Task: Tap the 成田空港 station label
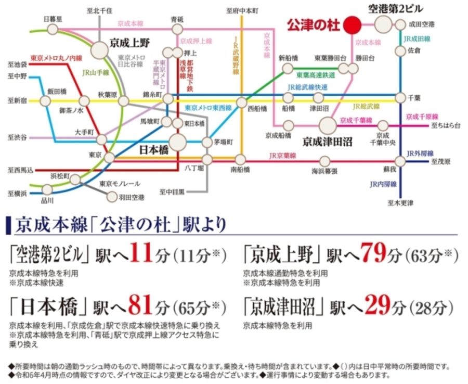coord(422,24)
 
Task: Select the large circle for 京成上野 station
coord(100,50)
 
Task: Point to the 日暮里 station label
coord(53,18)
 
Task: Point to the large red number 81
coord(139,306)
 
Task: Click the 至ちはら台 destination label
coord(446,126)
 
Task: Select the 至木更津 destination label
coord(400,202)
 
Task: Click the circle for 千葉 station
coord(400,98)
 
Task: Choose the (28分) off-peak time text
coord(432,308)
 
